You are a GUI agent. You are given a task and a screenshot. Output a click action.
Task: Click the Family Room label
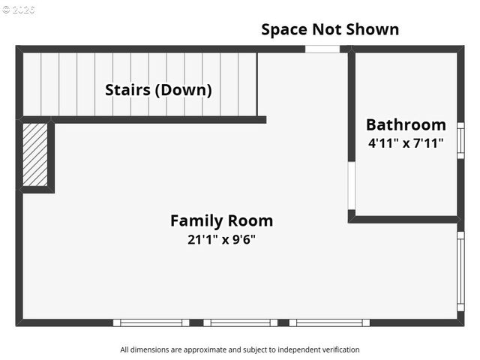click(221, 221)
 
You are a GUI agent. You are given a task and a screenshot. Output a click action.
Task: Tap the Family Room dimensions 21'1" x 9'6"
click(221, 240)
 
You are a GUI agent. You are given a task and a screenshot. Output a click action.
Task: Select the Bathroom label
click(406, 124)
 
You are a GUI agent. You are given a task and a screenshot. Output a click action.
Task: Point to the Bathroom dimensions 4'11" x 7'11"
click(406, 142)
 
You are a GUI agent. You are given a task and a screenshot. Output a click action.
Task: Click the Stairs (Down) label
click(158, 90)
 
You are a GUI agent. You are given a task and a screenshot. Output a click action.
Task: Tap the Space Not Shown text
click(330, 29)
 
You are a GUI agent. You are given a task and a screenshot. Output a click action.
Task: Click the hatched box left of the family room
click(35, 154)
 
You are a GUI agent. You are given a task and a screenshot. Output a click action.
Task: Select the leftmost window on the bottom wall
click(151, 322)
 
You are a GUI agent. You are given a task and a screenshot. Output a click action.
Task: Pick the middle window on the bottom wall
click(240, 322)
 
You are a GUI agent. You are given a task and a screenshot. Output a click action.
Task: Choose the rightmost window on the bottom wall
click(328, 322)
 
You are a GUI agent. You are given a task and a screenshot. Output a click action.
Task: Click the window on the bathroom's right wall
click(460, 140)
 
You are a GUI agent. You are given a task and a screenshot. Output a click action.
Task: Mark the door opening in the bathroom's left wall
click(351, 186)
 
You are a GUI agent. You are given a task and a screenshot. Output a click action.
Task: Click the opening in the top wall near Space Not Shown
click(322, 49)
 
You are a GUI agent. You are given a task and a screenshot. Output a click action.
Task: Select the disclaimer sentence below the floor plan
click(240, 349)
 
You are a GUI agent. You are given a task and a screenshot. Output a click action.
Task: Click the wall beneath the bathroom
click(405, 219)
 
